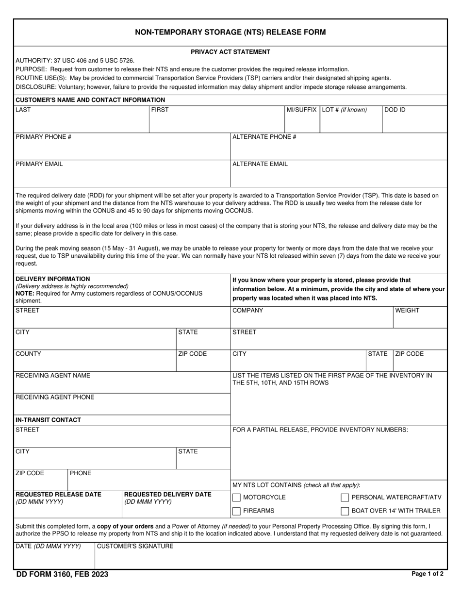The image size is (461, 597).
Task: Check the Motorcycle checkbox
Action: [236, 497]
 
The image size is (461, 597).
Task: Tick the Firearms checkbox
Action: [236, 511]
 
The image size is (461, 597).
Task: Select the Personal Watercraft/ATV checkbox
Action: [345, 497]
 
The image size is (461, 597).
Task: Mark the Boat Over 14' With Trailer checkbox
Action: [345, 511]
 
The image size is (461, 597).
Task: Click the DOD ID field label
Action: [395, 110]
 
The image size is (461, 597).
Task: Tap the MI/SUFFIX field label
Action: [301, 110]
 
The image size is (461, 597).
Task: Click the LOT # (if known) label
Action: [344, 110]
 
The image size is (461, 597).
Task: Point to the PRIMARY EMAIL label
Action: [39, 164]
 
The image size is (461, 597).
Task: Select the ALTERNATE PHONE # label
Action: [264, 137]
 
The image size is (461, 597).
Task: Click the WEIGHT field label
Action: [408, 311]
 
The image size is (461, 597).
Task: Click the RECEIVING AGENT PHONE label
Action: [55, 397]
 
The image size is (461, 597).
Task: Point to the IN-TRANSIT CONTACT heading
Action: [48, 420]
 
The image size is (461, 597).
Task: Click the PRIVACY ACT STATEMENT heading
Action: [230, 52]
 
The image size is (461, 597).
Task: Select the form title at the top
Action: [230, 33]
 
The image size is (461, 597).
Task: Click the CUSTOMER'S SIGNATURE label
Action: [135, 547]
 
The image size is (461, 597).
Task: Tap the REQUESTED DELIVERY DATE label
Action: [168, 495]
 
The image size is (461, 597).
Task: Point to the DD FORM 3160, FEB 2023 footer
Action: [62, 575]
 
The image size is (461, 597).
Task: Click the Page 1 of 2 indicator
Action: [427, 574]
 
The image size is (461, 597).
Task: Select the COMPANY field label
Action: [247, 311]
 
